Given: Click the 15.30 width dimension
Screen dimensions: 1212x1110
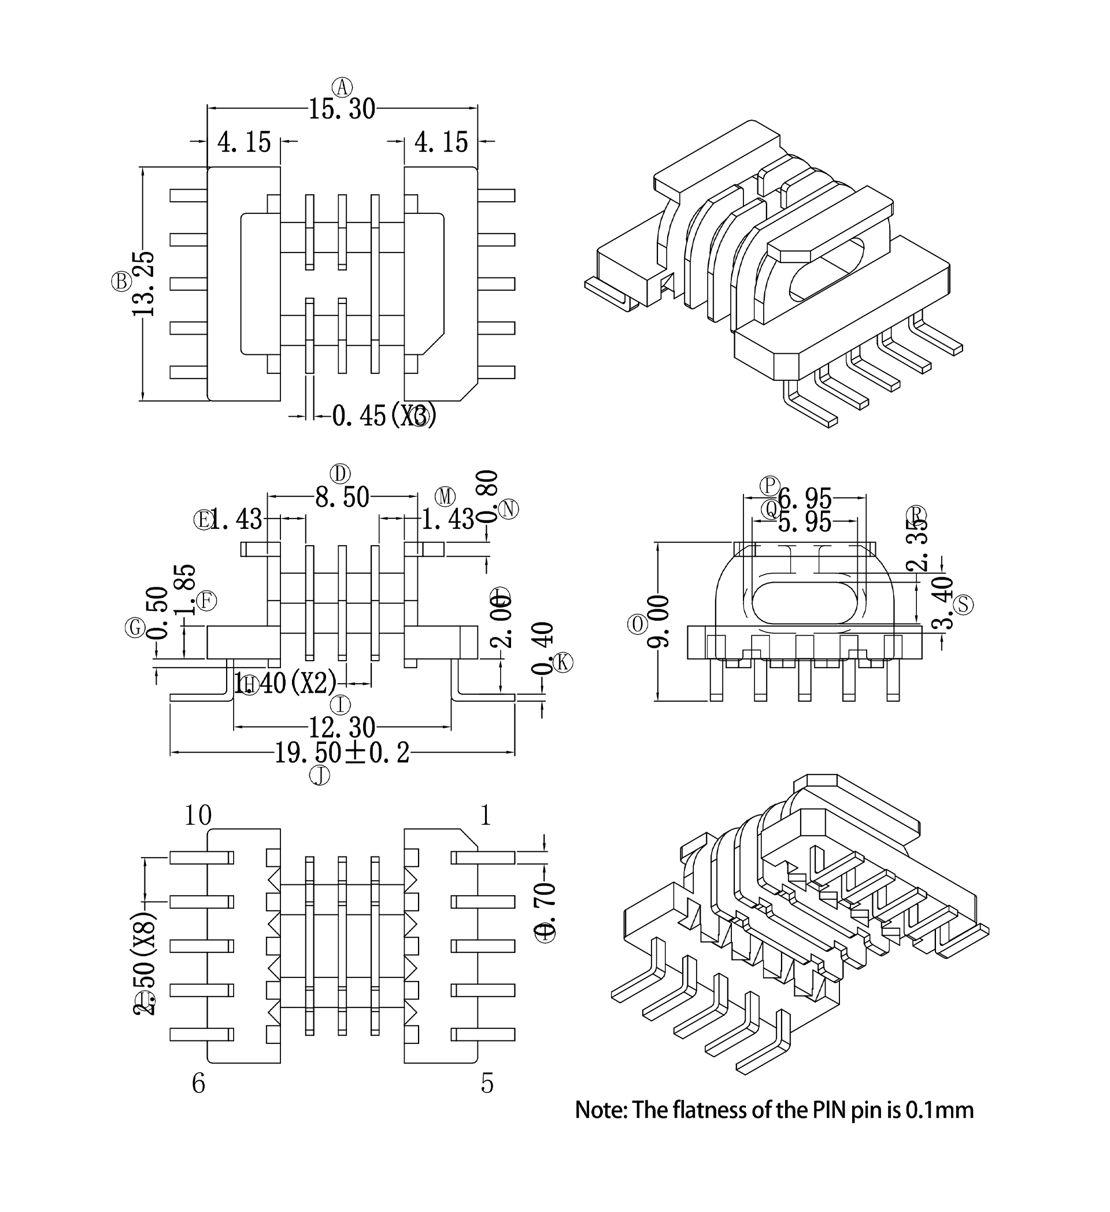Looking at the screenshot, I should coord(342,110).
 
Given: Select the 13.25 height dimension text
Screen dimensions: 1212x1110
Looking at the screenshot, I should coord(144,283).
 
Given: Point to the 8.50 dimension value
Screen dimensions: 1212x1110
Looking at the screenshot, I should coord(342,498).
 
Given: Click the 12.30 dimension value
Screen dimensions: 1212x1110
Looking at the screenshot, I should coord(342,728).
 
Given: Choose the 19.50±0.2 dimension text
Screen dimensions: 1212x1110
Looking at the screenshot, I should coord(342,753).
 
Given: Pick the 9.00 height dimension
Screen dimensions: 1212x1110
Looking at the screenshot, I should coord(658,621).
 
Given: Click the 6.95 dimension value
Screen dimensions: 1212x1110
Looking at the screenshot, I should coord(805,498).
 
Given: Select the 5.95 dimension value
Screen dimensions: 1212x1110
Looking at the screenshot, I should coord(805,522).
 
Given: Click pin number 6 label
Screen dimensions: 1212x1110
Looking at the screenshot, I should coord(198,1083).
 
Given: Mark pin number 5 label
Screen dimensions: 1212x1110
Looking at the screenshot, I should coord(487,1083).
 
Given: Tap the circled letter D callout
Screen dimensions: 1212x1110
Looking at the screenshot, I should coord(341,474).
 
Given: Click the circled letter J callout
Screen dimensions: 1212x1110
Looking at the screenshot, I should coord(319,776).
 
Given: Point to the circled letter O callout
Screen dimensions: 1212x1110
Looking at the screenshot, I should coord(637,624).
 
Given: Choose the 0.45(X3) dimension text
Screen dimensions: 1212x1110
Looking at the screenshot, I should coord(384,416).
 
